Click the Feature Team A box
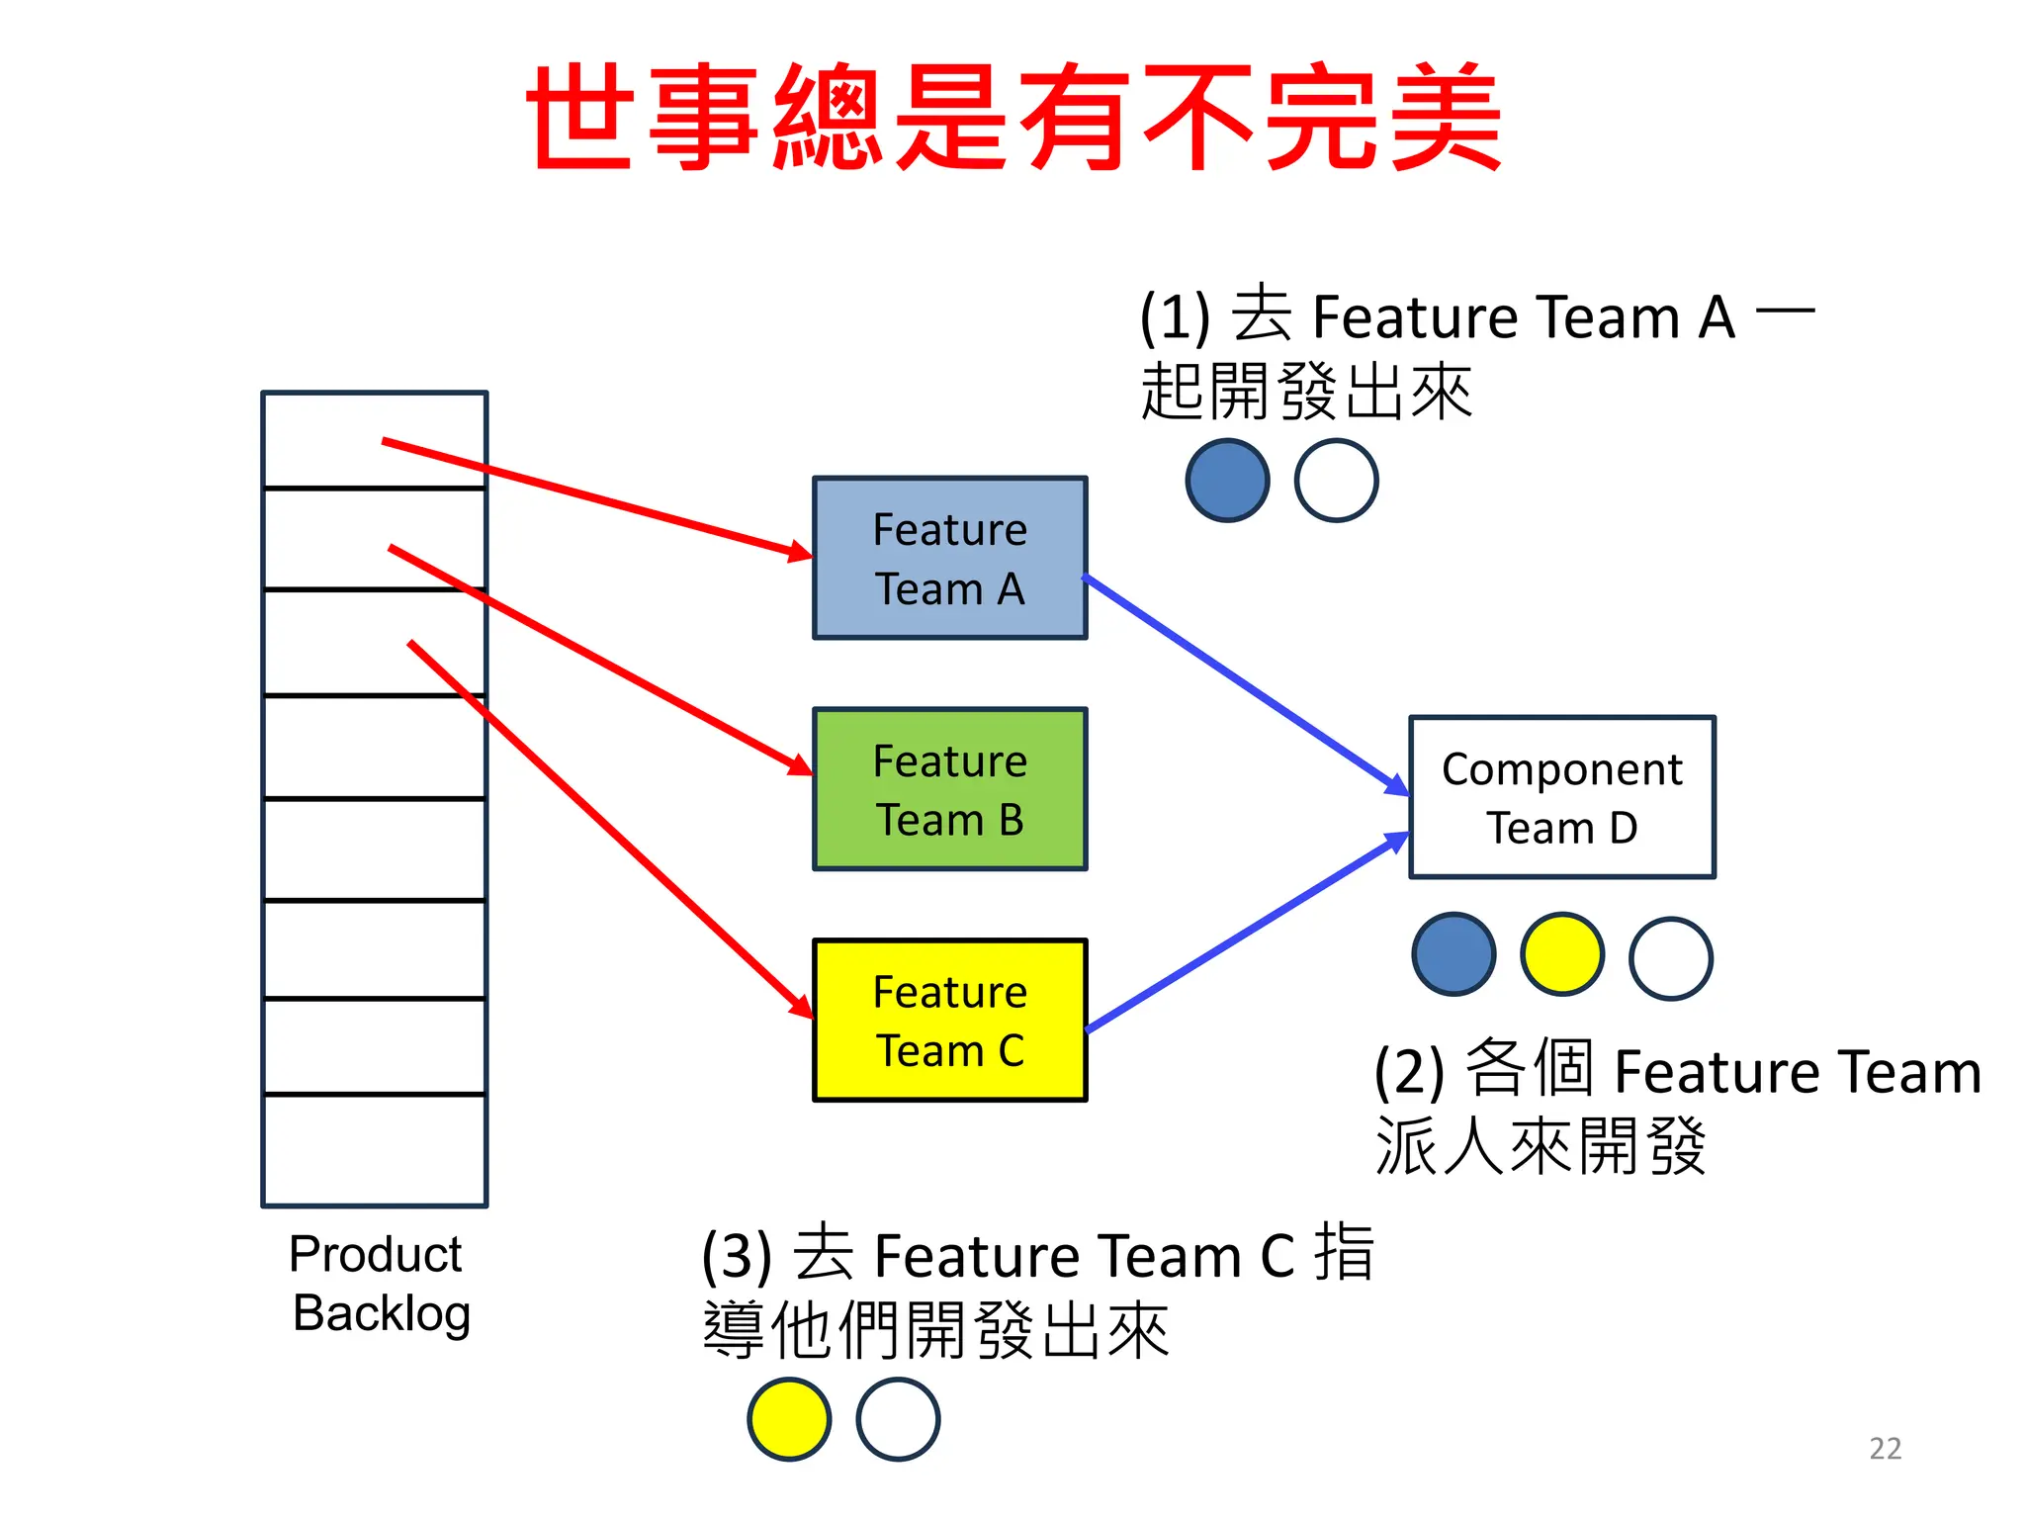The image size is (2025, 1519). click(949, 559)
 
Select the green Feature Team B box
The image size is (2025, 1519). click(949, 789)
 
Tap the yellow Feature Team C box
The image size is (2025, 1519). click(949, 1020)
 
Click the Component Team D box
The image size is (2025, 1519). click(1561, 797)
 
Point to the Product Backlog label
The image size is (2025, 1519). click(379, 1284)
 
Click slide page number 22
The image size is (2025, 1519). click(1885, 1449)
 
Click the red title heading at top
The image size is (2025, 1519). click(1012, 117)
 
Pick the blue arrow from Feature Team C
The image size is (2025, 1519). click(1246, 933)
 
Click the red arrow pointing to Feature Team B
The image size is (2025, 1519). click(593, 657)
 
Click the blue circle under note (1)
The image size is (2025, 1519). click(1227, 481)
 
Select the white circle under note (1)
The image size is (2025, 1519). click(1336, 481)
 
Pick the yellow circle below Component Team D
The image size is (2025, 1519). click(1561, 954)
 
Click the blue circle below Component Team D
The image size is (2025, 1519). click(1453, 954)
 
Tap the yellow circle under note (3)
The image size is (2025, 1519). click(789, 1419)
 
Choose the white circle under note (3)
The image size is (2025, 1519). click(898, 1419)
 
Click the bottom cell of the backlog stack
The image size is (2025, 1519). click(375, 1149)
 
